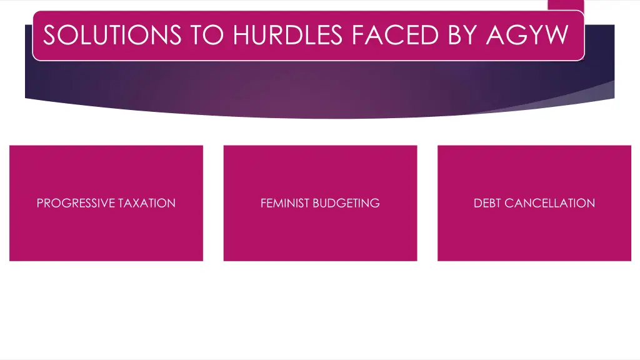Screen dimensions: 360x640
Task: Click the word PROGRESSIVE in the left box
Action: pos(76,203)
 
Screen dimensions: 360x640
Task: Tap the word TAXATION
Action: pos(147,203)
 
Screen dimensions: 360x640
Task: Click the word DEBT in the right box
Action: pos(487,203)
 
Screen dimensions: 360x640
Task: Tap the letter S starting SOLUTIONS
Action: pos(50,35)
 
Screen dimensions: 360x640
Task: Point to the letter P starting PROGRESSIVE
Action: pos(40,203)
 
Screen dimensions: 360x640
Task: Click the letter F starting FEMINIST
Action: pos(264,203)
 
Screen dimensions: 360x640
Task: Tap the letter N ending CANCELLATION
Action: pos(591,203)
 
